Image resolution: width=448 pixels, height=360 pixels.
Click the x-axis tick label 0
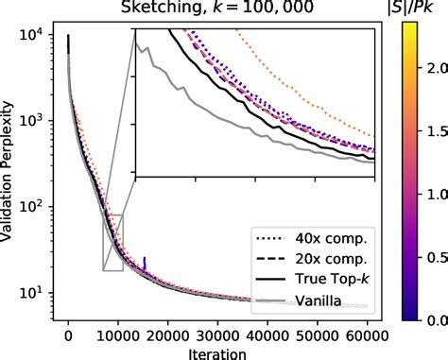[68, 334]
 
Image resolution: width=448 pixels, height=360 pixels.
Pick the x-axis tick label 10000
[117, 334]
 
